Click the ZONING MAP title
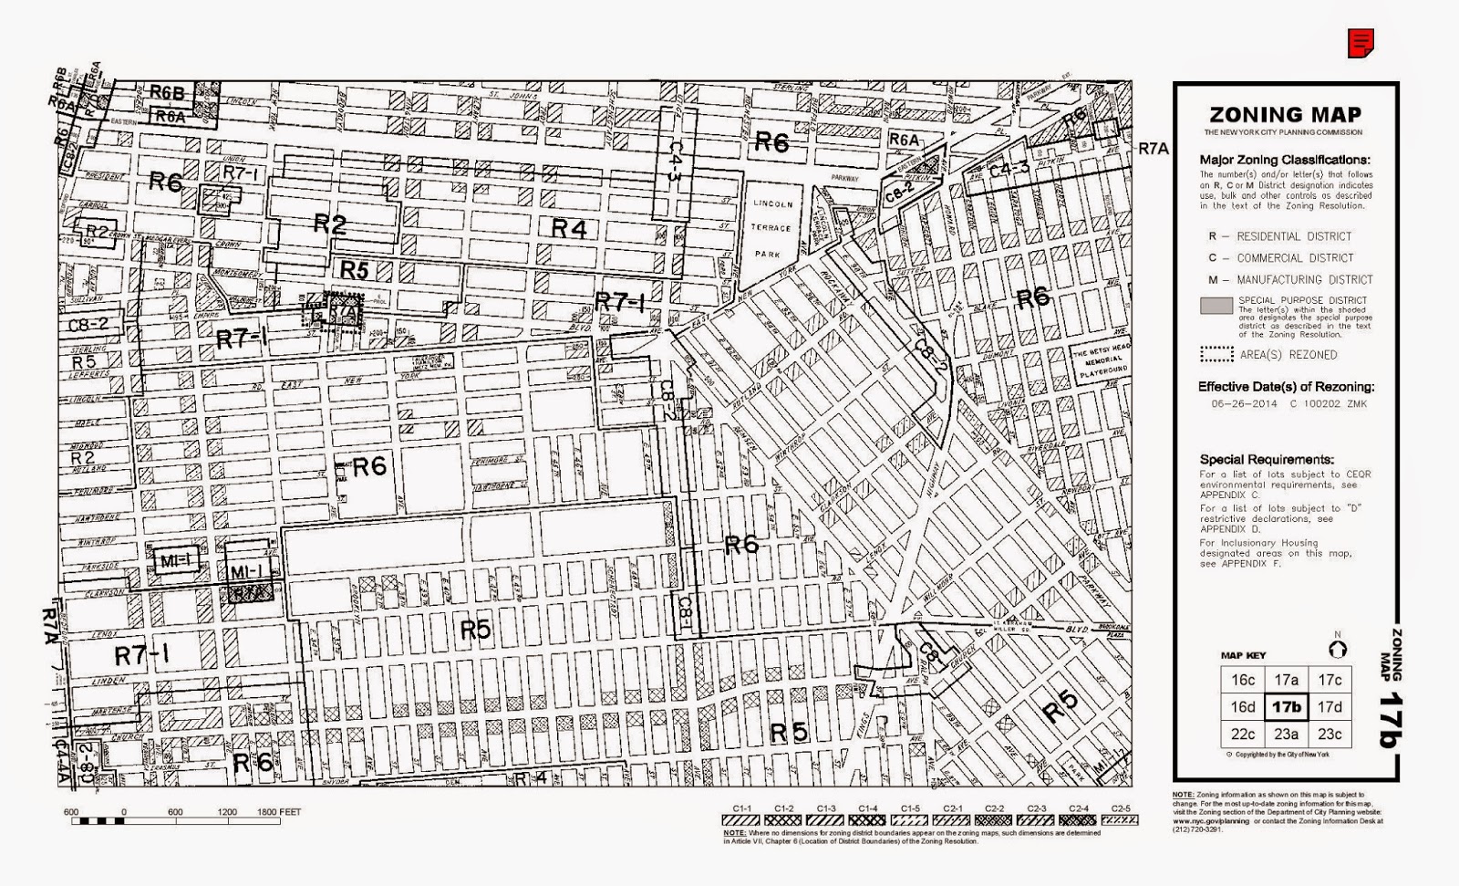[1285, 115]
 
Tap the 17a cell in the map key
[1286, 680]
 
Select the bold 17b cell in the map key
[1286, 707]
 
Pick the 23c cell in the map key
[1330, 734]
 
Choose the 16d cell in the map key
[1242, 707]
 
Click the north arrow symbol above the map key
[1338, 649]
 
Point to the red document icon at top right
[1361, 43]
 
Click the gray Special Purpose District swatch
[1216, 306]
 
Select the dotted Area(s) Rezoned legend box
[1216, 354]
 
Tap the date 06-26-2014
[1237, 403]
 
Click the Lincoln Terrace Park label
[772, 228]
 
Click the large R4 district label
[568, 228]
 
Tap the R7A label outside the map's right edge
[1153, 149]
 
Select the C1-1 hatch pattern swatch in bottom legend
[742, 820]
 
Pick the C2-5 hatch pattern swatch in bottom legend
[1121, 820]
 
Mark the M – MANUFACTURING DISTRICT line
[1291, 280]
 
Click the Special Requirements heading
[1267, 460]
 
